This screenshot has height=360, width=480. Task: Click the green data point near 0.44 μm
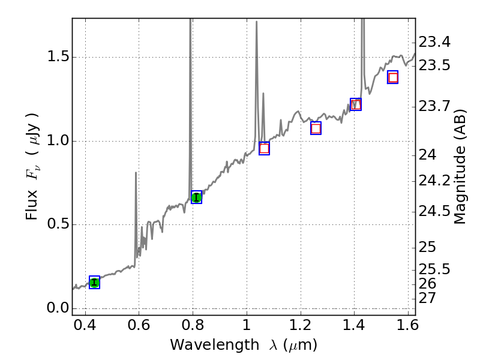click(94, 283)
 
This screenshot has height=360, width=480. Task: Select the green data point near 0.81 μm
click(196, 197)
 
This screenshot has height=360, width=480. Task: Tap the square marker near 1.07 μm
click(264, 148)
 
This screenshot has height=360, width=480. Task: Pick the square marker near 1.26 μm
click(316, 128)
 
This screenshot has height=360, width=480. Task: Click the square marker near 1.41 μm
click(356, 104)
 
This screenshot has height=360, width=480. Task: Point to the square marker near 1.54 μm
click(393, 77)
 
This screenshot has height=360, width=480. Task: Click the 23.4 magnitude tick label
click(434, 42)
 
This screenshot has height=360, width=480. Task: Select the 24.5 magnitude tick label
click(434, 211)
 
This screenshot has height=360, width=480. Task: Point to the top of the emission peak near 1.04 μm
click(257, 22)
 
